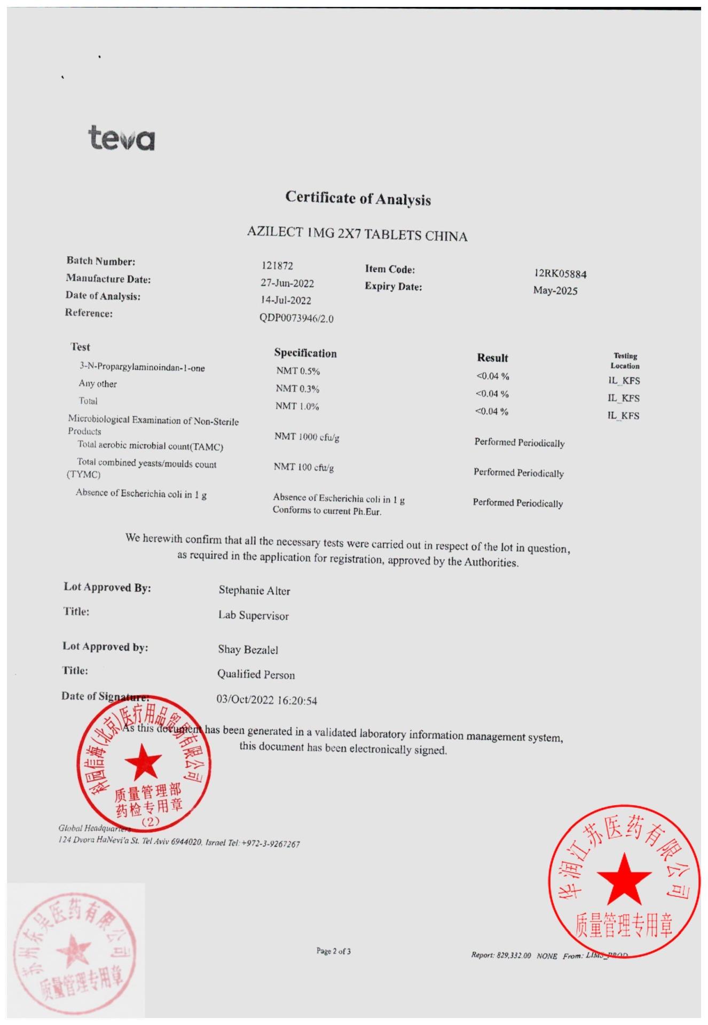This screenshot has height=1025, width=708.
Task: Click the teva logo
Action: coord(121,138)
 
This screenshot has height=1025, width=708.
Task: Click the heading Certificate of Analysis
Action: coord(358,198)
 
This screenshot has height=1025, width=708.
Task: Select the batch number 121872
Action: coord(277,265)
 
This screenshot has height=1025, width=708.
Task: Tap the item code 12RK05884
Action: coord(560,274)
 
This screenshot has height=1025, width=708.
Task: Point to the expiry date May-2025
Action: coord(555,291)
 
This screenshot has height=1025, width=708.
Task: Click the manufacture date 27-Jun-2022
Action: coord(287,283)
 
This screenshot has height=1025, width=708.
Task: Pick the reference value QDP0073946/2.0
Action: coord(296,318)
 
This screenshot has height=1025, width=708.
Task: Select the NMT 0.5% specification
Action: coord(298,371)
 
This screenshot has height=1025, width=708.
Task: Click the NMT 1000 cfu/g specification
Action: coord(307,437)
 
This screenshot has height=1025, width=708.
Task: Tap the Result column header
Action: coord(492,358)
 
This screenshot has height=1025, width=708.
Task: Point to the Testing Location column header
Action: coord(625,361)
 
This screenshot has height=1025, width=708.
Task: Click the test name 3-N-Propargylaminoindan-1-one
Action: coord(142,367)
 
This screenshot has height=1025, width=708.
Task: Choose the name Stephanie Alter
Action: coord(254,590)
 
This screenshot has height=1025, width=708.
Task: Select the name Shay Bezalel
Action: coord(248,650)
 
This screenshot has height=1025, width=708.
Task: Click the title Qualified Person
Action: coord(256,674)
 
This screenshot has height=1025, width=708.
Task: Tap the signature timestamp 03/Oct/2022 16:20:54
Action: coord(266,700)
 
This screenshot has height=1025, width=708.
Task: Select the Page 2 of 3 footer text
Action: coord(333,951)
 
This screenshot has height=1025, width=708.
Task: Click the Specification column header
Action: coord(305,353)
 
